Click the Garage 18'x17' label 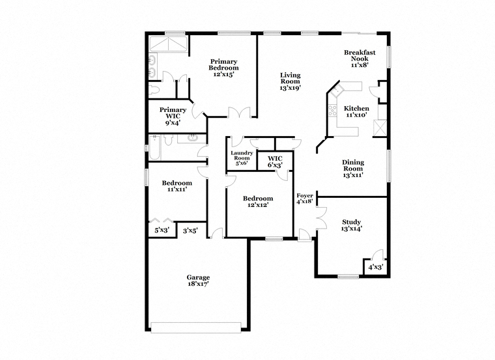(x=198, y=281)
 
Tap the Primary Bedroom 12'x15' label (x=223, y=68)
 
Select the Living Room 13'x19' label (x=290, y=81)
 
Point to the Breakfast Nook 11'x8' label (x=360, y=59)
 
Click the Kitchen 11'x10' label (x=356, y=112)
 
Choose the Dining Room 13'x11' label (x=353, y=169)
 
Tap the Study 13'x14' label (x=351, y=225)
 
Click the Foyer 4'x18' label (x=305, y=199)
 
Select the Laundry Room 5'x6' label (x=242, y=158)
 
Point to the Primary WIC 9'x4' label (x=173, y=116)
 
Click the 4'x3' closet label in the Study (x=375, y=268)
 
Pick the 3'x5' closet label (x=190, y=231)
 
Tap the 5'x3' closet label (x=162, y=230)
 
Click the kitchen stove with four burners (x=332, y=111)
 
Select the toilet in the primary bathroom (x=154, y=90)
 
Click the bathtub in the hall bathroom (x=155, y=147)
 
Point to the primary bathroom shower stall (x=168, y=44)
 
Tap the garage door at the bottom (x=196, y=327)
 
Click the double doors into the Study (x=321, y=217)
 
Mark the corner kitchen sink (x=337, y=90)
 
